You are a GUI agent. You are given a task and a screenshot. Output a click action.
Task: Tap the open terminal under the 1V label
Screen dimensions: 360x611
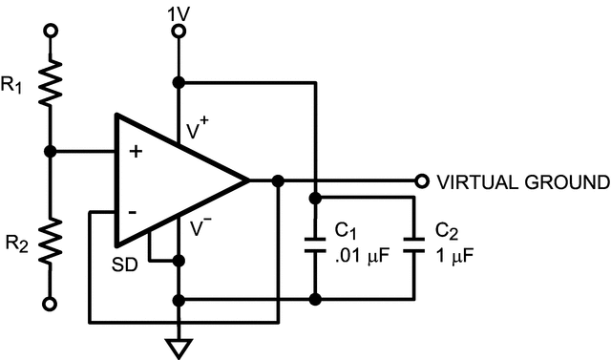(x=178, y=32)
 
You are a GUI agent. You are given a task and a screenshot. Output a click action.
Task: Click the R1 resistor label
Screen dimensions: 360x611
(x=13, y=87)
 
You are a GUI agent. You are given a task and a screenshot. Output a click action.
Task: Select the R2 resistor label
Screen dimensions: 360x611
(x=13, y=244)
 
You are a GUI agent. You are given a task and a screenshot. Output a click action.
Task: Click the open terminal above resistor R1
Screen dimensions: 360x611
(x=51, y=32)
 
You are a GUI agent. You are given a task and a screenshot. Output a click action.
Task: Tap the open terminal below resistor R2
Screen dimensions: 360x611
(x=51, y=305)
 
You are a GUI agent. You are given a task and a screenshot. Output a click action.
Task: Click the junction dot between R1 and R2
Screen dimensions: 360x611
(x=51, y=151)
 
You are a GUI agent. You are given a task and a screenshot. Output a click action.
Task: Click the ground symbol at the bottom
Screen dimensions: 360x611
(x=179, y=344)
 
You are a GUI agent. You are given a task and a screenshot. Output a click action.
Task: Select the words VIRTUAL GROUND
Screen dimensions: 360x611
(x=522, y=181)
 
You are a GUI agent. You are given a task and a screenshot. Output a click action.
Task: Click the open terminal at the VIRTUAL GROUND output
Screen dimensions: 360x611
(x=420, y=180)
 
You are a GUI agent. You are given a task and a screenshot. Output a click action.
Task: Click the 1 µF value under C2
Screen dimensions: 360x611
(x=453, y=257)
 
